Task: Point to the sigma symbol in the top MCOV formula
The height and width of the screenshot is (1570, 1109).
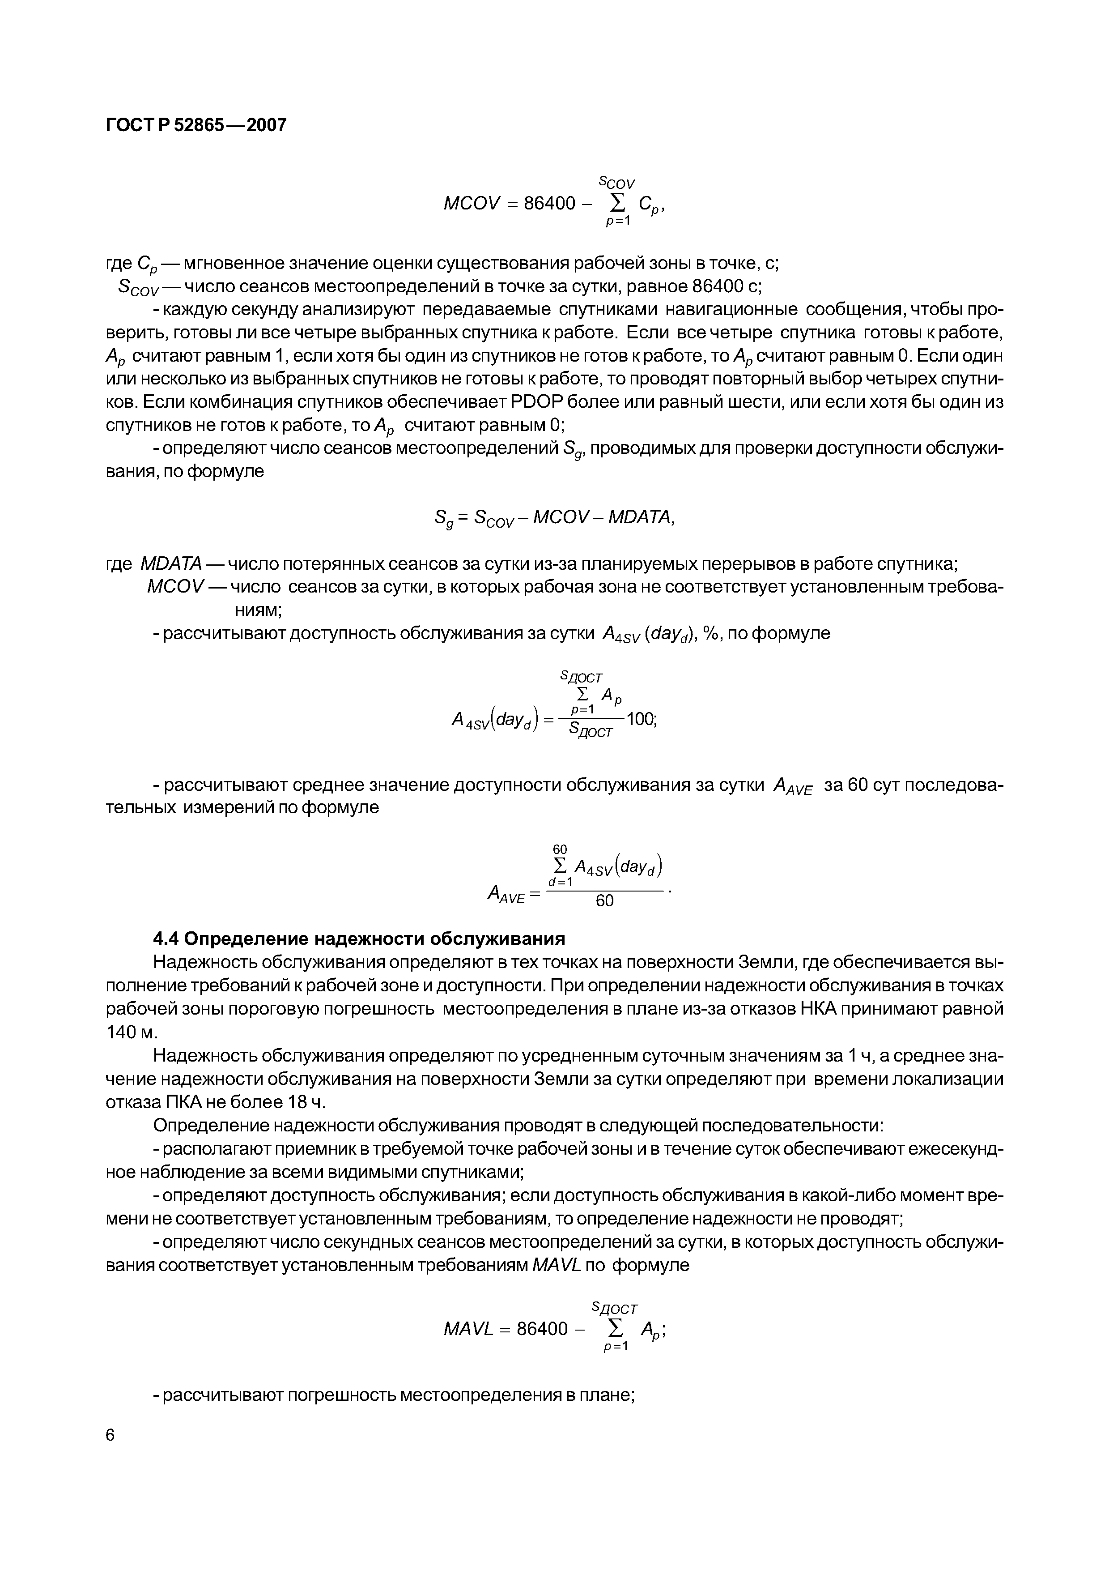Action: [x=617, y=202]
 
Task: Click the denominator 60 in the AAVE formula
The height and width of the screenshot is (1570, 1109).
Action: [x=605, y=901]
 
